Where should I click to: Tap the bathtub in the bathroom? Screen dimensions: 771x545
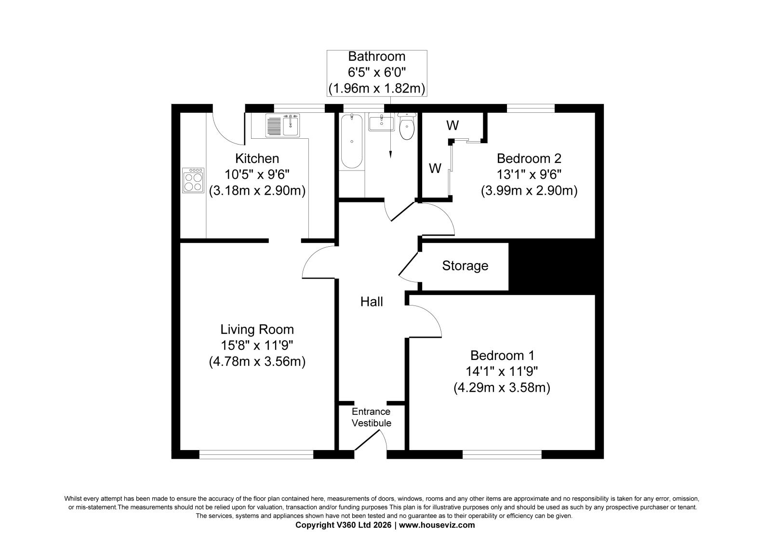pos(351,141)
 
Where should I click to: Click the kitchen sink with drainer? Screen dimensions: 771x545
pos(282,125)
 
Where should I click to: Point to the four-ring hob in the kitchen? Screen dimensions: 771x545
pos(193,180)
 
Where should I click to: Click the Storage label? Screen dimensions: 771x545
pos(465,266)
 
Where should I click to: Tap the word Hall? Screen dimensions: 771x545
pos(372,302)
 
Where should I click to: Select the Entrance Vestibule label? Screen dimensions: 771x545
pos(372,417)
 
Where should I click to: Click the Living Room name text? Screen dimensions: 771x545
pos(257,330)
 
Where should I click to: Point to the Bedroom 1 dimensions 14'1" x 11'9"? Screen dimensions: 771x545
pos(502,372)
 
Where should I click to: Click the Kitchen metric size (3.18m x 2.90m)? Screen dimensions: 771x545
pos(257,190)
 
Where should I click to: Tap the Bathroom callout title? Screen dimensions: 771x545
pos(377,56)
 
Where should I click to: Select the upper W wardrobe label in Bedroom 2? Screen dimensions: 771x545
pos(452,126)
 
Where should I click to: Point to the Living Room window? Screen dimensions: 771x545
pos(256,455)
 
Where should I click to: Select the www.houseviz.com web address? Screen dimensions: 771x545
pos(437,525)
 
